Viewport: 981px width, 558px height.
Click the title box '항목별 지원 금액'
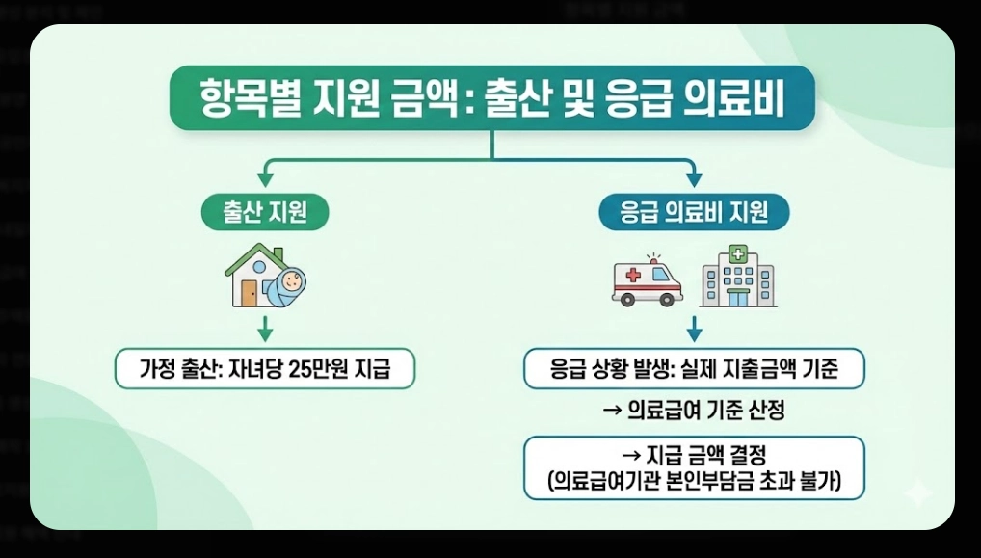[x=491, y=98]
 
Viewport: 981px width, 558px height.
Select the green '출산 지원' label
[x=264, y=212]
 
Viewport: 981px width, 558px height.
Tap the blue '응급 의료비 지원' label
[x=694, y=212]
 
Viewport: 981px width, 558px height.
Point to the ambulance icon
[x=647, y=280]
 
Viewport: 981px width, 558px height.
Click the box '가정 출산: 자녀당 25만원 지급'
[x=265, y=368]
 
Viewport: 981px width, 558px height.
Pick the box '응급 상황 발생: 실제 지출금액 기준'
[x=694, y=368]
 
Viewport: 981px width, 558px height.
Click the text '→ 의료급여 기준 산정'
[x=694, y=412]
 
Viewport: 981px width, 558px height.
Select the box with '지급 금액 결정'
[x=694, y=467]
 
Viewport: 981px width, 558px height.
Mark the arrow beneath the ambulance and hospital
[x=694, y=330]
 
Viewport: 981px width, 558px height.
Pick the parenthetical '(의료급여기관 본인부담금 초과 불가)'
[x=694, y=481]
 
